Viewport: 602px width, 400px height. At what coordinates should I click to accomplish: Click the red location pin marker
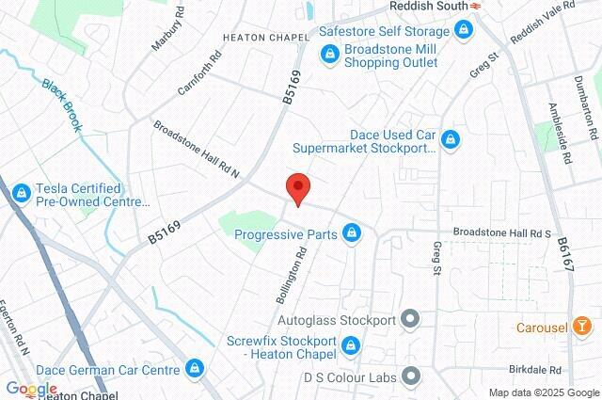point(297,187)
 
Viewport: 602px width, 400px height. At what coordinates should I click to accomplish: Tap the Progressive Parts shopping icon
point(352,232)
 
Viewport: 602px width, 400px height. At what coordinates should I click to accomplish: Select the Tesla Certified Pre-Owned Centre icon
point(21,194)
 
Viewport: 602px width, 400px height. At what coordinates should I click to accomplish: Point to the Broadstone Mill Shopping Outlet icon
point(328,56)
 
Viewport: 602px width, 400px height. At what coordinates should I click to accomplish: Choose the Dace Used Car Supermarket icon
point(451,140)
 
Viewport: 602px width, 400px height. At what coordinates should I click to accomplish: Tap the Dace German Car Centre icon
point(194,367)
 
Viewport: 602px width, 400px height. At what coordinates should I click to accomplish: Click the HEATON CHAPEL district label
point(266,38)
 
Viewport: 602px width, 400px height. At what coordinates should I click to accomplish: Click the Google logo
point(31,389)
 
